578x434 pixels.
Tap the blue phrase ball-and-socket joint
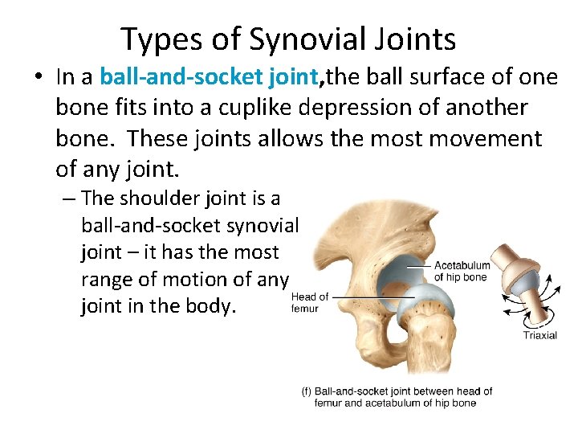(x=209, y=77)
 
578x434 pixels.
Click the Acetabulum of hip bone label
(x=462, y=271)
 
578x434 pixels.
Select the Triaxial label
(x=539, y=335)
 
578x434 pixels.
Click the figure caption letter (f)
(x=307, y=391)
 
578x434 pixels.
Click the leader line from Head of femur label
(x=369, y=297)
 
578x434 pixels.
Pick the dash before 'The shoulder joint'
(x=69, y=199)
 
